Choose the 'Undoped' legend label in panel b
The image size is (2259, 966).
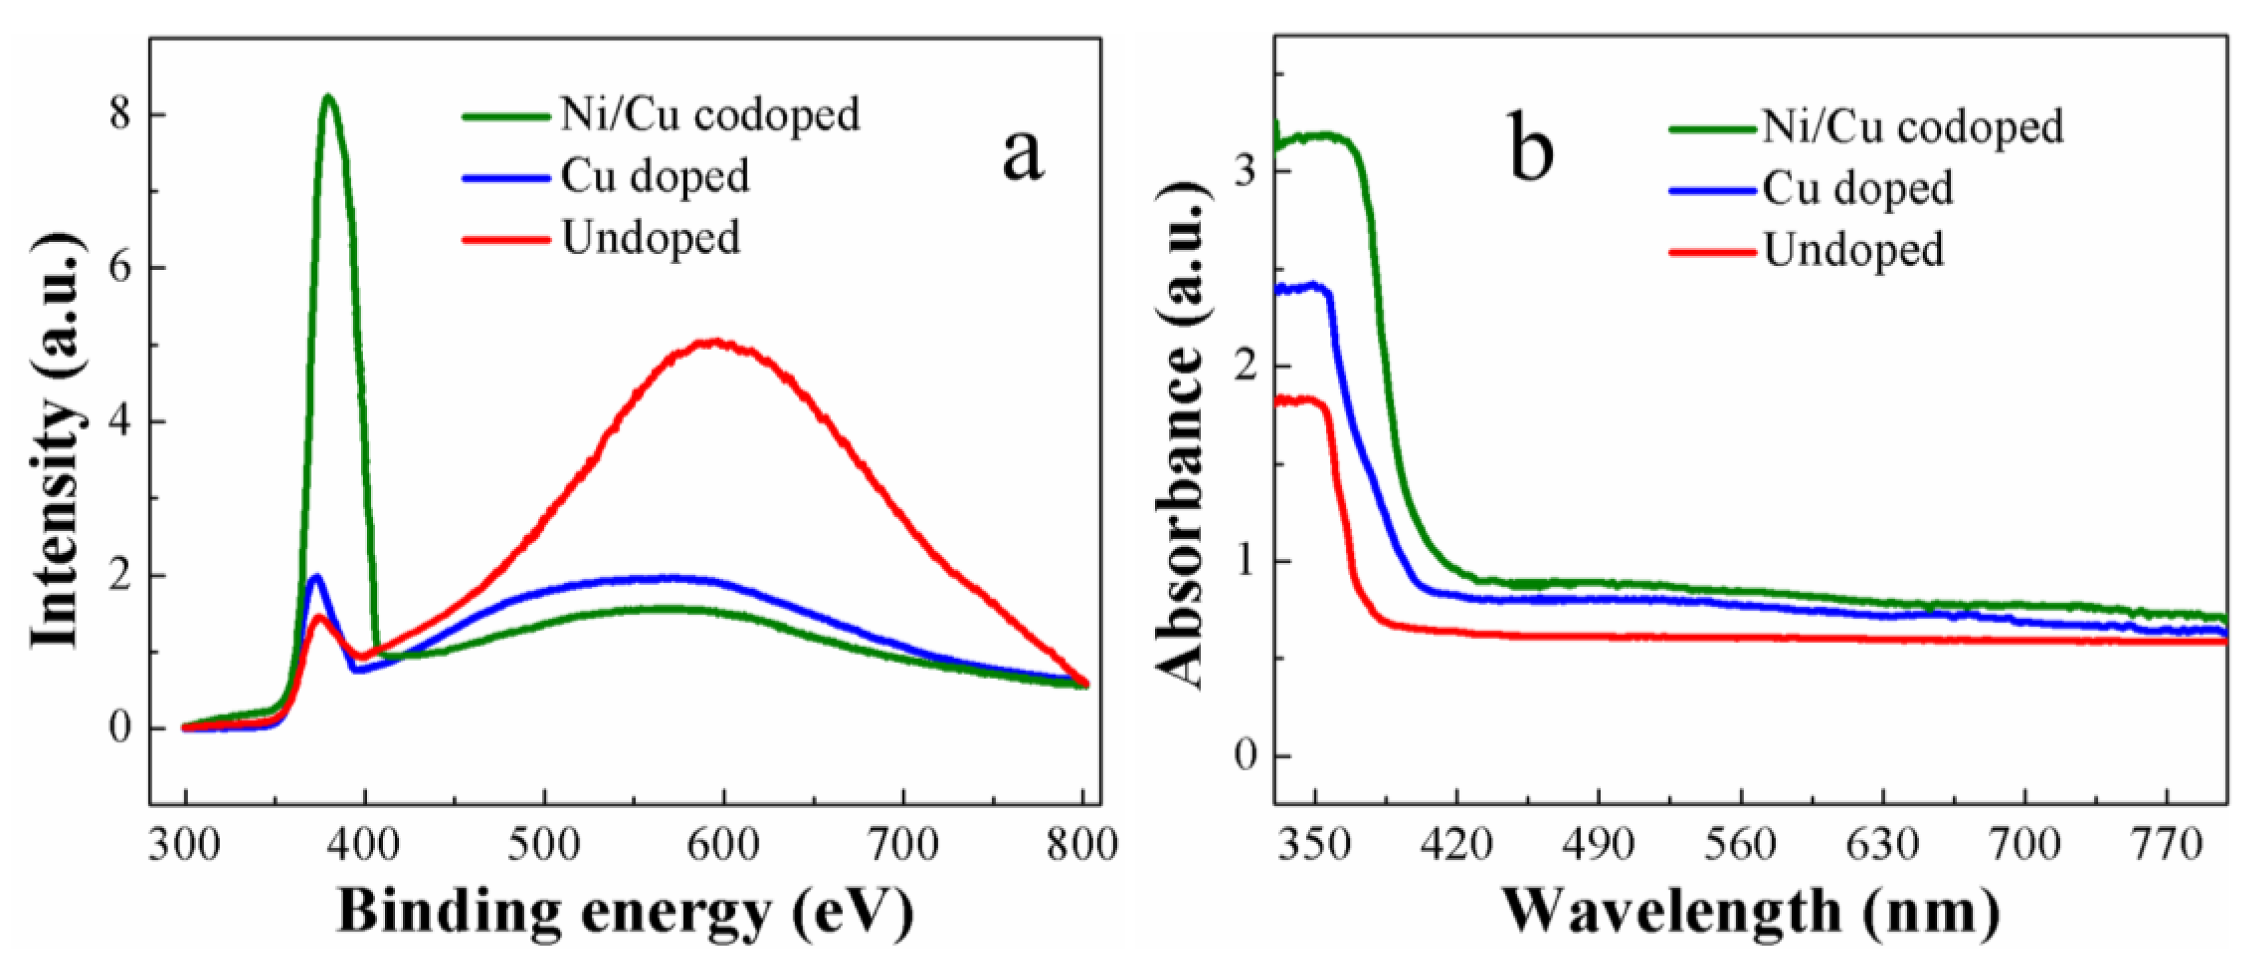click(1853, 250)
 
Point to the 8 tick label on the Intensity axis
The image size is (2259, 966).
click(121, 115)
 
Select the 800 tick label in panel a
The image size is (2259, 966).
click(1082, 845)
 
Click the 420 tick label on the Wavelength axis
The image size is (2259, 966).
click(1457, 845)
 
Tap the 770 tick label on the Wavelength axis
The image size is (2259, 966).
click(2166, 845)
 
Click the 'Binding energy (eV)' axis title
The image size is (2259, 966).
click(626, 912)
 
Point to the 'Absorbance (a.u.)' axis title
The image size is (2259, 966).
click(1179, 436)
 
